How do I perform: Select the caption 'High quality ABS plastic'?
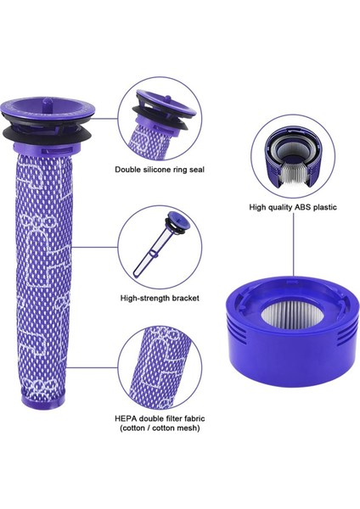(293, 206)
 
